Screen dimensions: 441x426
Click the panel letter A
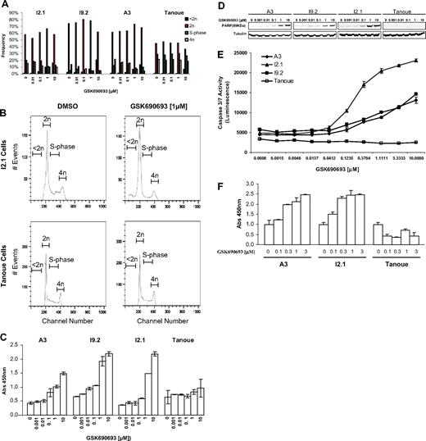(5, 5)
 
